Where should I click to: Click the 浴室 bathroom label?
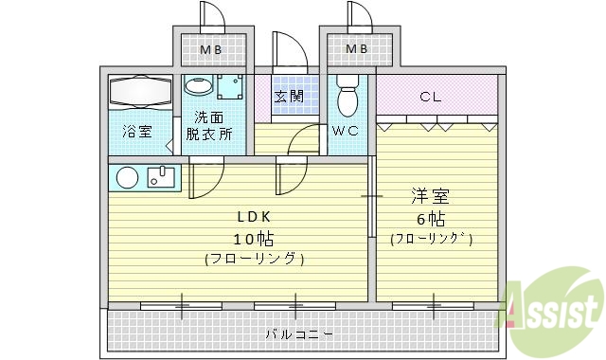click(136, 133)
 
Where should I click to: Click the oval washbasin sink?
click(198, 86)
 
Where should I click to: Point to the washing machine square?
click(229, 88)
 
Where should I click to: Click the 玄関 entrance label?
click(289, 96)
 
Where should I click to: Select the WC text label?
click(344, 132)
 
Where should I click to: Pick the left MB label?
click(210, 48)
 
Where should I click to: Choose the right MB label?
click(357, 48)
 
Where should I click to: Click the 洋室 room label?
click(431, 198)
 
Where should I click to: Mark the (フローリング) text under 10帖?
click(254, 258)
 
